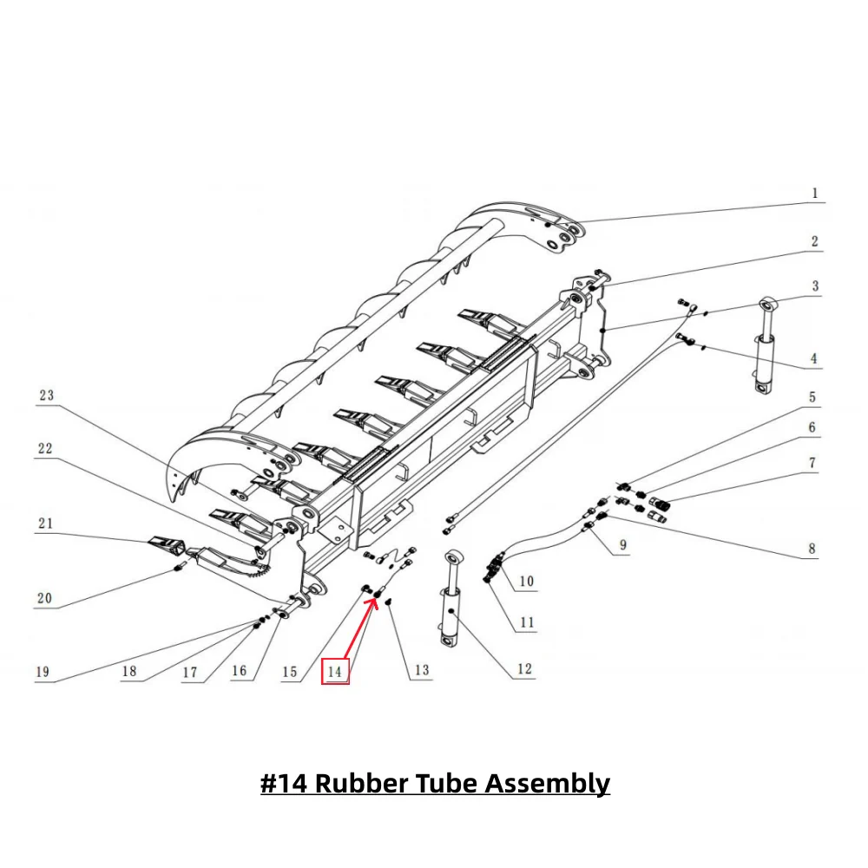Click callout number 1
[x=814, y=194]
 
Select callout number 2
[x=814, y=241]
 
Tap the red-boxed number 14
[x=335, y=671]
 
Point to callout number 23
[x=45, y=395]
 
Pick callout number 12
[x=523, y=669]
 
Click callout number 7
[x=812, y=464]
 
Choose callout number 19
[x=43, y=672]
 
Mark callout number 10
[x=527, y=581]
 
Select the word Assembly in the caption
[x=547, y=783]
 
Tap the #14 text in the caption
[x=285, y=783]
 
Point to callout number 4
[x=814, y=358]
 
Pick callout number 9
[x=623, y=546]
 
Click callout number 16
[x=239, y=671]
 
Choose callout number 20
[x=44, y=598]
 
